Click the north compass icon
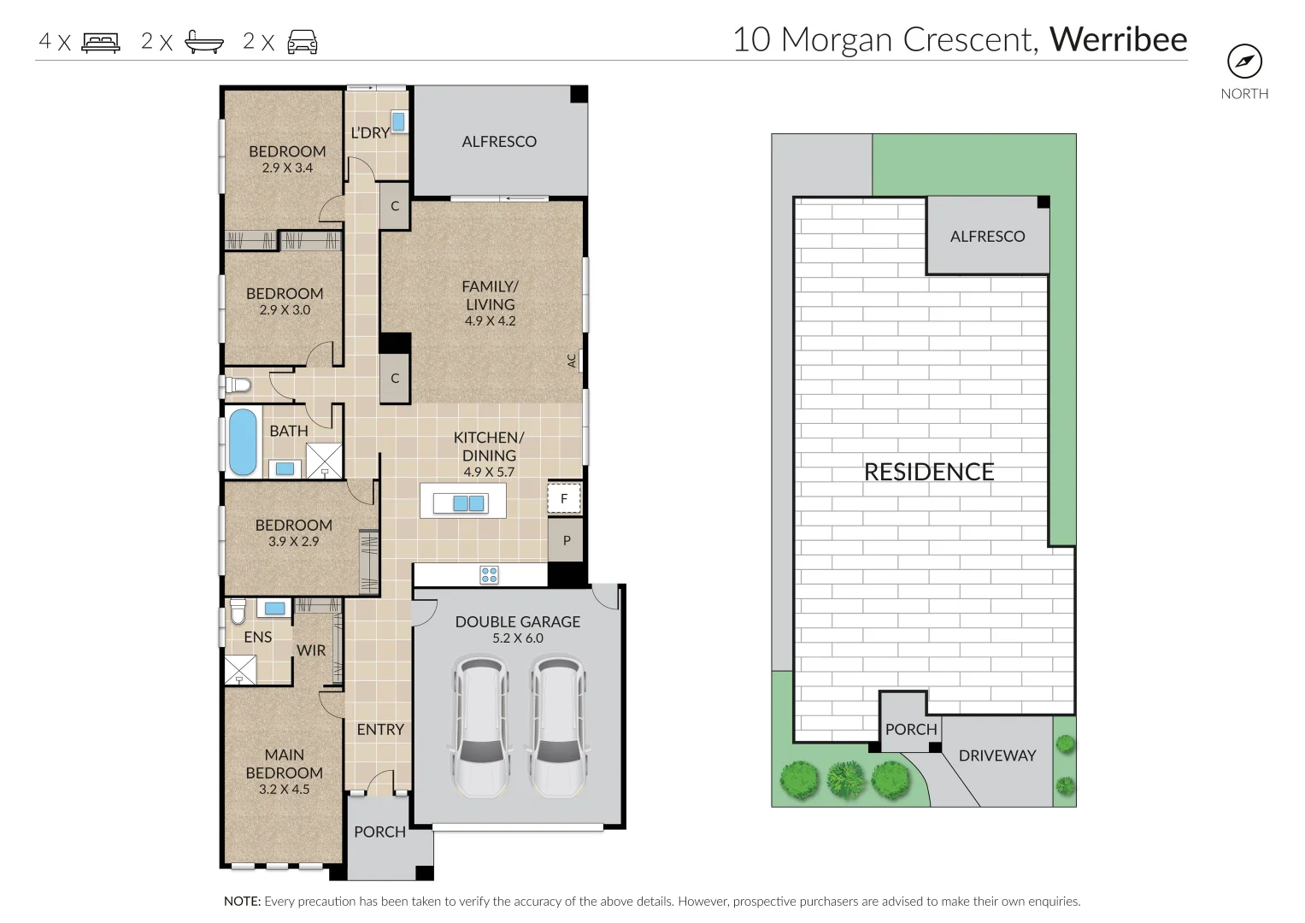coord(1244,62)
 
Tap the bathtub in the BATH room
coord(243,442)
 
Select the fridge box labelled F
coord(564,498)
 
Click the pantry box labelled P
coord(566,540)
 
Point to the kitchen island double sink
coord(468,503)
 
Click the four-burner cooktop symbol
coord(489,575)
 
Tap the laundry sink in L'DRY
coord(398,121)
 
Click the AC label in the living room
coord(572,361)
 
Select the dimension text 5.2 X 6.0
coord(517,638)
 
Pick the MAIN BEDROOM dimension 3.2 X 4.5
coord(285,789)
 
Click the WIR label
coord(311,650)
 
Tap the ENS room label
coord(258,637)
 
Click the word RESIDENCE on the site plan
coord(929,472)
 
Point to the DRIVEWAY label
coord(997,755)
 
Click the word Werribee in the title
coord(1118,39)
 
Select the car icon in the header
coord(303,42)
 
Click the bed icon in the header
coord(101,43)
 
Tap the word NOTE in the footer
coord(243,901)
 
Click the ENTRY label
coord(380,730)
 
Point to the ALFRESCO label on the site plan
coord(987,237)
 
